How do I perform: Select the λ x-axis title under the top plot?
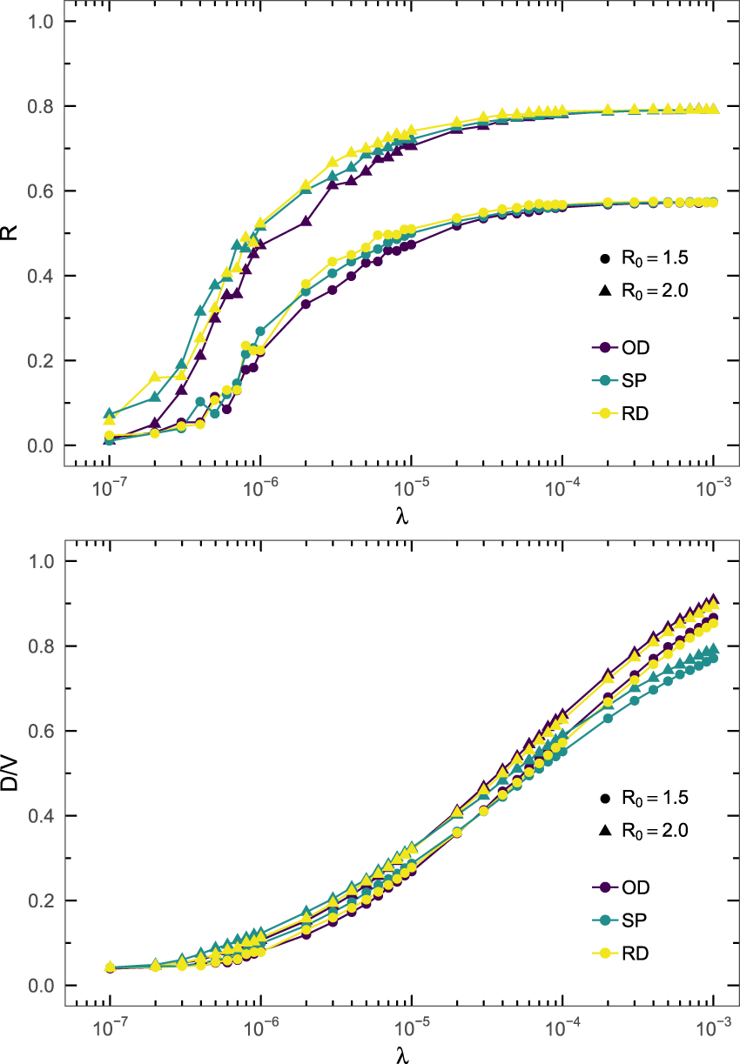(x=401, y=516)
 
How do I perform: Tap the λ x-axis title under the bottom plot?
(x=401, y=1055)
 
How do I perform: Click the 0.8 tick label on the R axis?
(x=40, y=106)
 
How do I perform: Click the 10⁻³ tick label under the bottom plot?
(x=713, y=1029)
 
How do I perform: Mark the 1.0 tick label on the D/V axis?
(x=40, y=562)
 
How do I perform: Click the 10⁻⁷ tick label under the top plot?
(x=109, y=489)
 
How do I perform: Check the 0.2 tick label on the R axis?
(x=40, y=361)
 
